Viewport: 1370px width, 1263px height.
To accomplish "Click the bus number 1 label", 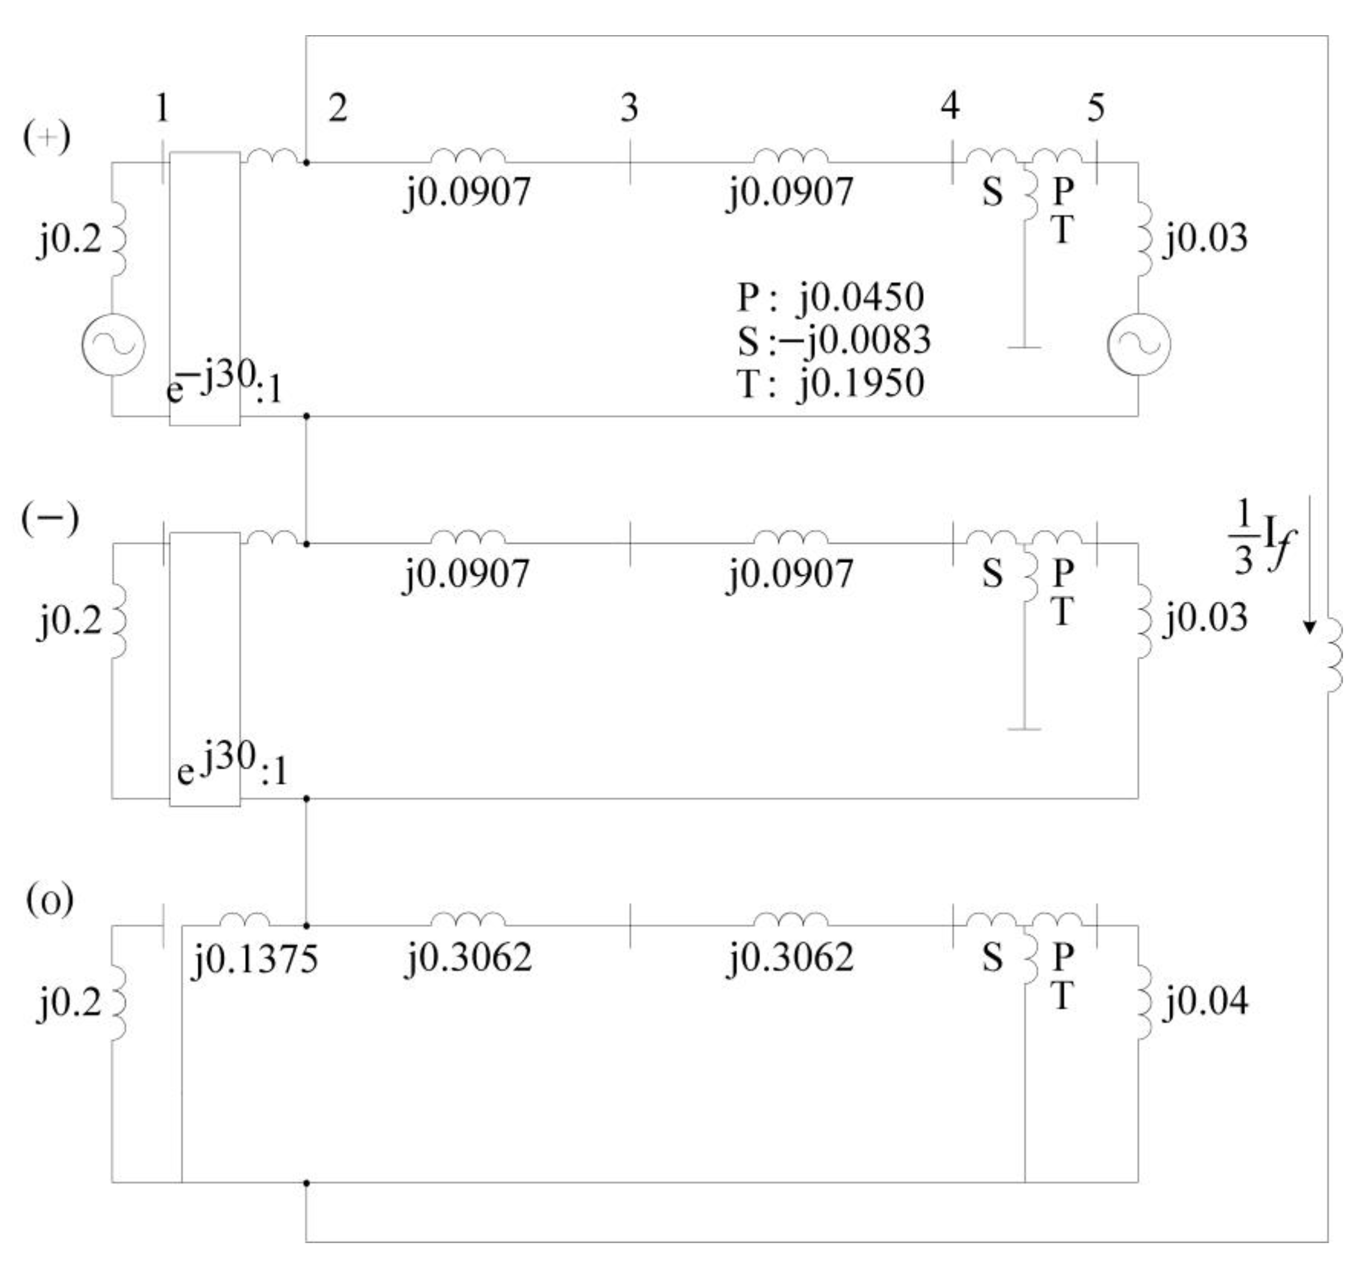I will [x=161, y=108].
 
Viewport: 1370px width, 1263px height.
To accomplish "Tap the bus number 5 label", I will [x=1095, y=108].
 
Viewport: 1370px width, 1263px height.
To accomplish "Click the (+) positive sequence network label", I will [x=46, y=138].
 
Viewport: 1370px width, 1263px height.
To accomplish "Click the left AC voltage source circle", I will [x=114, y=344].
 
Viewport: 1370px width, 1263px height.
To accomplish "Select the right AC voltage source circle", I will [x=1138, y=344].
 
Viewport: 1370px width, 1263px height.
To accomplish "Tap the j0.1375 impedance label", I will [x=254, y=958].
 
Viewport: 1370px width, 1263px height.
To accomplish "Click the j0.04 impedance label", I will [x=1206, y=1001].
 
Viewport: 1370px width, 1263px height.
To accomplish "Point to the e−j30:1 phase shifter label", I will [x=224, y=384].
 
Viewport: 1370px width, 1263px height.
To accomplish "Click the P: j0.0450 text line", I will [x=830, y=298].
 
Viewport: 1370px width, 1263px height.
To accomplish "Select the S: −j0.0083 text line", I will [x=834, y=340].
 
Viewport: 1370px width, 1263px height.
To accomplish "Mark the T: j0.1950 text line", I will [x=830, y=383].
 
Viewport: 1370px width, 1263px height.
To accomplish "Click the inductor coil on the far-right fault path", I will [x=1332, y=656].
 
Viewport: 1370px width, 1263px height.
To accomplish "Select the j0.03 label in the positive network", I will [x=1206, y=238].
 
